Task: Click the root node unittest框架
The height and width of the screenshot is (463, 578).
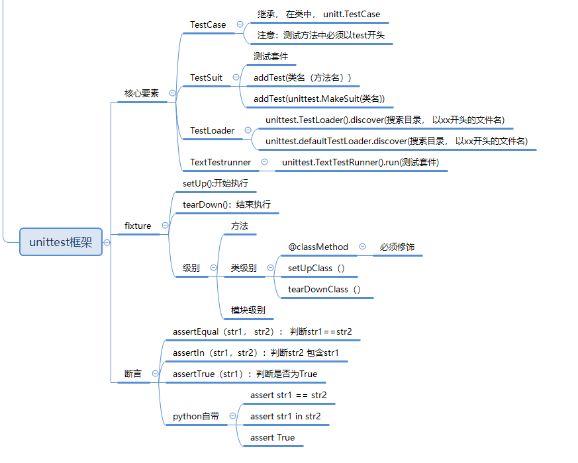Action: [x=61, y=242]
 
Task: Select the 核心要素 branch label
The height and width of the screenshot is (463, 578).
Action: [x=142, y=93]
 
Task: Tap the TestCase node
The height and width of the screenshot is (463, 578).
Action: [x=208, y=24]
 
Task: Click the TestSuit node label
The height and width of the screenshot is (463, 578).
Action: [x=206, y=77]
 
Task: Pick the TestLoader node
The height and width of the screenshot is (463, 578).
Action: [x=212, y=130]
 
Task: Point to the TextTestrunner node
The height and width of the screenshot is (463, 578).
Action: [x=220, y=162]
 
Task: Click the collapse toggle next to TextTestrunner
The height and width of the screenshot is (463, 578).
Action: [x=264, y=162]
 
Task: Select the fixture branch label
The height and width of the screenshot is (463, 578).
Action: [x=138, y=226]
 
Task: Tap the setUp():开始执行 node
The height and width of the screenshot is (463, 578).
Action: [x=215, y=183]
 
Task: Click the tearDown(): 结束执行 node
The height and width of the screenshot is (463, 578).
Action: [x=226, y=204]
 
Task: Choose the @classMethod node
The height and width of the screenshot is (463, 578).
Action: [x=318, y=247]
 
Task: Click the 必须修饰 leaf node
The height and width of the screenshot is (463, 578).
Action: [x=397, y=247]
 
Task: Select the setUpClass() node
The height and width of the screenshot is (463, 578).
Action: [x=316, y=268]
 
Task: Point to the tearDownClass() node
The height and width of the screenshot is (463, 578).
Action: [x=324, y=289]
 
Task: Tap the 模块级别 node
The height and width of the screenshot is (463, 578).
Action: [x=248, y=310]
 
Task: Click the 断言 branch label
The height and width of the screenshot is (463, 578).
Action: [x=133, y=374]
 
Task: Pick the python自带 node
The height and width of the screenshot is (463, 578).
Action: [x=196, y=416]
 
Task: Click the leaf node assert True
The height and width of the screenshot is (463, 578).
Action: [x=272, y=437]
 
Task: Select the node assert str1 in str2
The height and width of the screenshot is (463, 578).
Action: [x=285, y=416]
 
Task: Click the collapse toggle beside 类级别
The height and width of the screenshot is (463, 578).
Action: [x=271, y=268]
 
